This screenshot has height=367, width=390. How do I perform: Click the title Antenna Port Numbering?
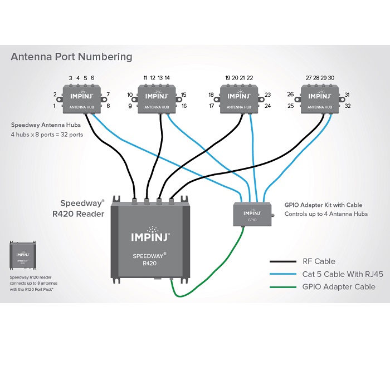(72, 57)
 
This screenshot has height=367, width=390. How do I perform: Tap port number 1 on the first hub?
(55, 106)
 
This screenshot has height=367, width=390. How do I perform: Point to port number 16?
(184, 106)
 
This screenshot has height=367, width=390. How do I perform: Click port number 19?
(227, 78)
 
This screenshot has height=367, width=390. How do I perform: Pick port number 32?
(348, 106)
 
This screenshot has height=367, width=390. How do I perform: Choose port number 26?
(290, 95)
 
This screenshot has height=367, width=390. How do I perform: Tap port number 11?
(145, 78)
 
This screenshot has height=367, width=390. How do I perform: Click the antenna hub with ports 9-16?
(157, 98)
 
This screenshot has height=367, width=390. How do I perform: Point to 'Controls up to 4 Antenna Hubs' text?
(326, 214)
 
